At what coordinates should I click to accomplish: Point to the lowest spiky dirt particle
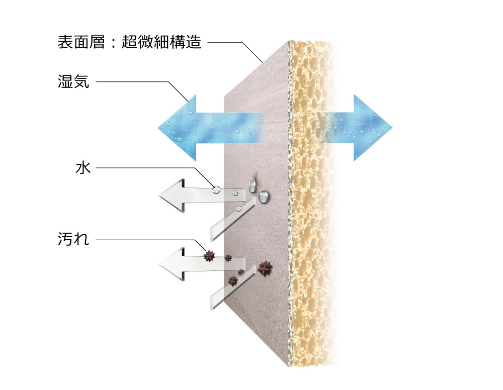(x=233, y=280)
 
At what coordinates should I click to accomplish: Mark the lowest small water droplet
(x=239, y=208)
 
